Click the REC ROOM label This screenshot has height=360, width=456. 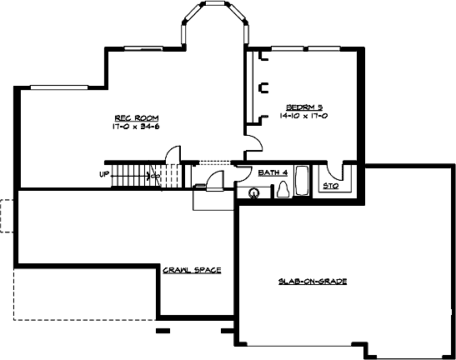coord(136,118)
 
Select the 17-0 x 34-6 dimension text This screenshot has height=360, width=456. coord(136,127)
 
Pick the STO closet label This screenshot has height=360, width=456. coord(330,185)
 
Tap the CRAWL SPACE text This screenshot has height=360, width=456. coord(191,270)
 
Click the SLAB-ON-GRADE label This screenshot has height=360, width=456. coord(312,282)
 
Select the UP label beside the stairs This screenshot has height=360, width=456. coord(105,174)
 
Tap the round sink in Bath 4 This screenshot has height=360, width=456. coord(253,192)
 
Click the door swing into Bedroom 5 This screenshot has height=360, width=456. coord(253,142)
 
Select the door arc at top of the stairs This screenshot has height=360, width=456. coord(173,155)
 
